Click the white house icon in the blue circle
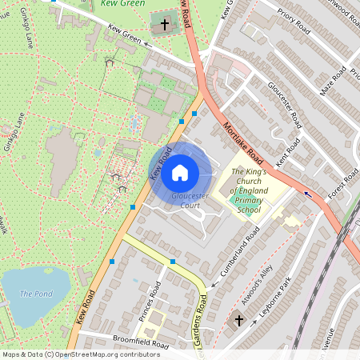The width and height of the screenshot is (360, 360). click(180, 172)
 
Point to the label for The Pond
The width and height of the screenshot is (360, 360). click(36, 294)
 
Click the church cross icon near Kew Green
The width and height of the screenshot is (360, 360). click(166, 25)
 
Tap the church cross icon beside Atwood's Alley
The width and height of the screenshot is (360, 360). click(238, 321)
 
